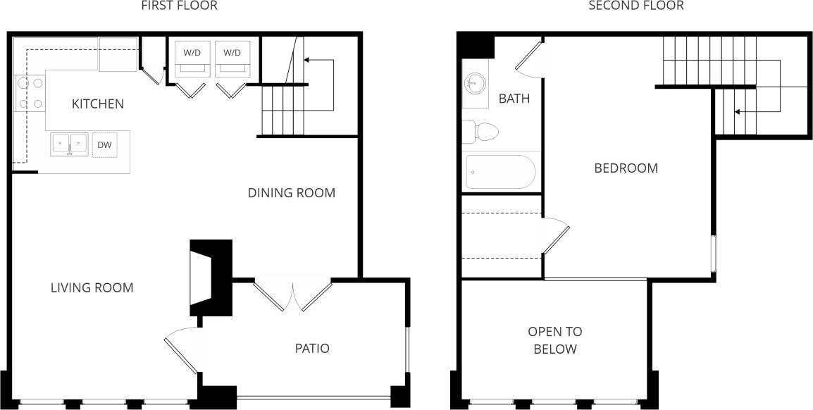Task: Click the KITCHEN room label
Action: click(98, 104)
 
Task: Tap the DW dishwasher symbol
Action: click(104, 145)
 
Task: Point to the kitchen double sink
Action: click(69, 144)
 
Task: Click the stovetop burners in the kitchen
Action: click(29, 93)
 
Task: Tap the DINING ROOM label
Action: click(291, 192)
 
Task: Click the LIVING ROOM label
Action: click(92, 287)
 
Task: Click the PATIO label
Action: click(311, 348)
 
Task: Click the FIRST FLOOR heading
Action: click(179, 6)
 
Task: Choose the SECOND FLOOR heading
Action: click(635, 6)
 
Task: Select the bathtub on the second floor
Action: click(500, 172)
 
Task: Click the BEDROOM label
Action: click(626, 168)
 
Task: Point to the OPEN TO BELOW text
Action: click(555, 340)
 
